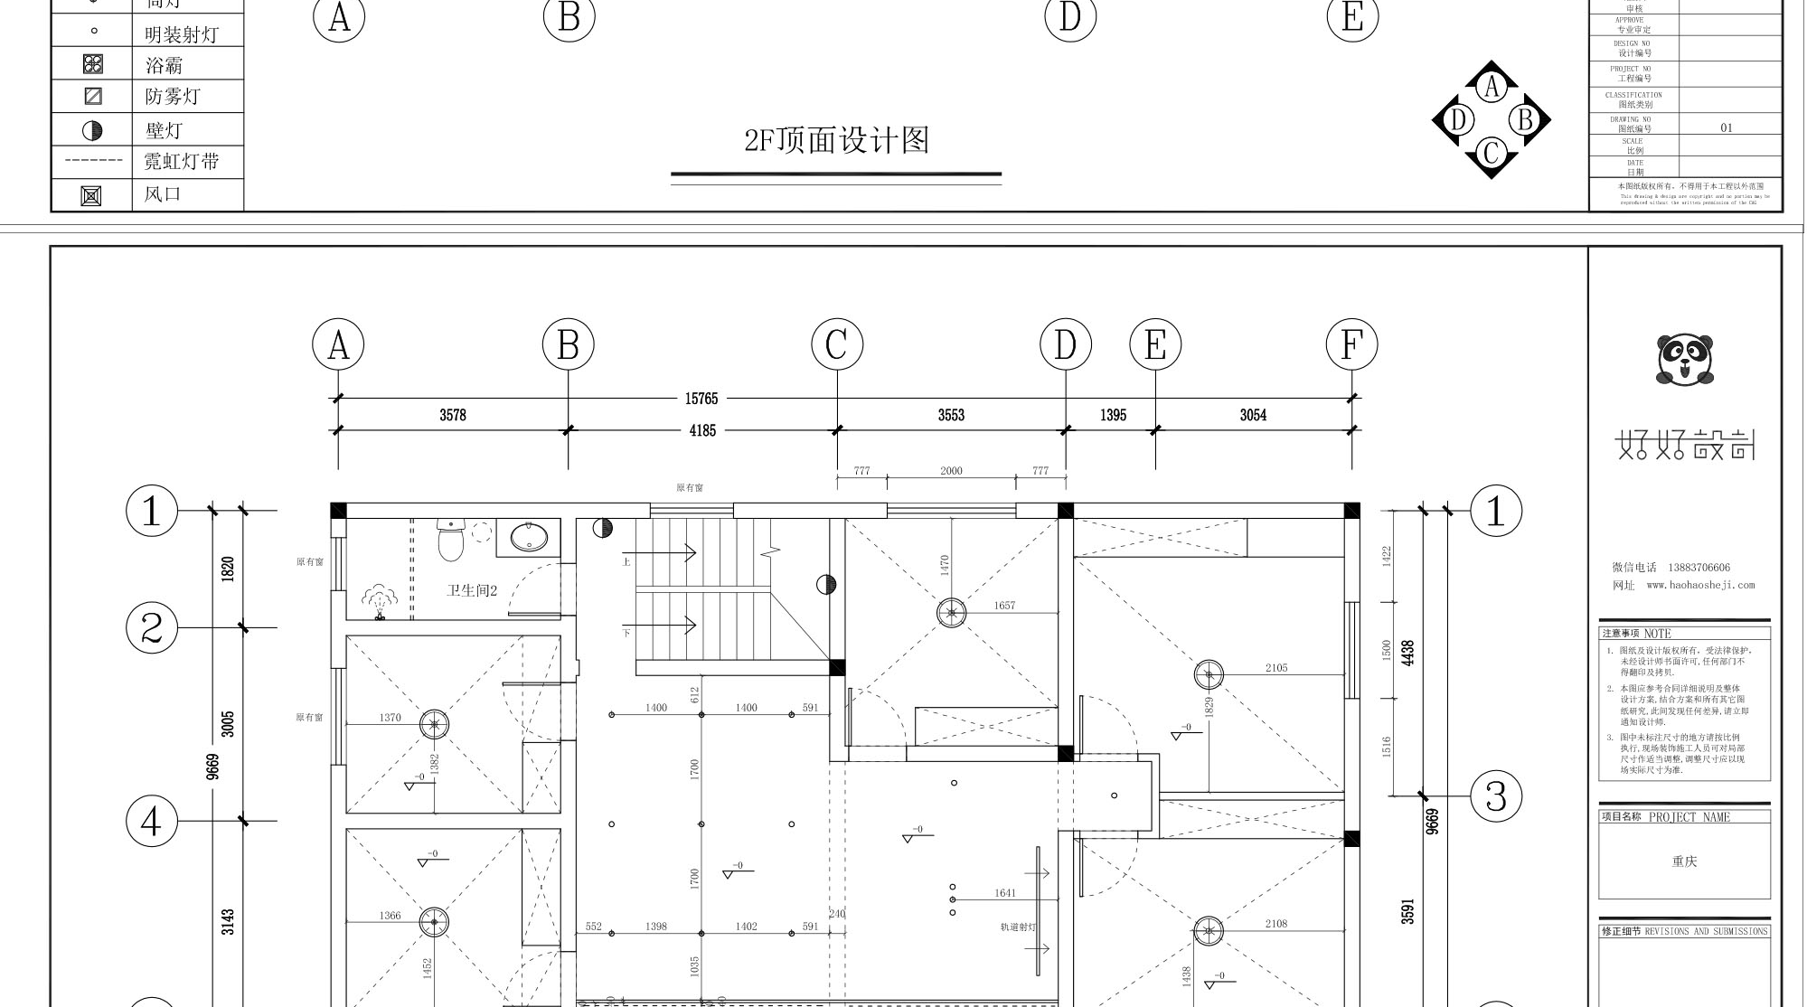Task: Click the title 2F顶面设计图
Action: pyautogui.click(x=836, y=141)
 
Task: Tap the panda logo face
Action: pyautogui.click(x=1684, y=359)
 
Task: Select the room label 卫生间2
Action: pyautogui.click(x=472, y=590)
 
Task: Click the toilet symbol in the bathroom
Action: pyautogui.click(x=450, y=540)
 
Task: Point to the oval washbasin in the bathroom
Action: pyautogui.click(x=529, y=538)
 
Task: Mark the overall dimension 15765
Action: pyautogui.click(x=701, y=399)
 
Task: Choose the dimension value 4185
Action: pyautogui.click(x=702, y=431)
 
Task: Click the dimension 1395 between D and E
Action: pyautogui.click(x=1113, y=415)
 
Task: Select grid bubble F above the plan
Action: pyautogui.click(x=1351, y=344)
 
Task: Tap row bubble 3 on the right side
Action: pyautogui.click(x=1496, y=796)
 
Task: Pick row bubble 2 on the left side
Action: pyautogui.click(x=152, y=627)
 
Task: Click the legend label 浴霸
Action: pyautogui.click(x=165, y=65)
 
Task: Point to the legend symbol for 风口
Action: pyautogui.click(x=91, y=195)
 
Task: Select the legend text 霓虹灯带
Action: pyautogui.click(x=182, y=162)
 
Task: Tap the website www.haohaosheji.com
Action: pyautogui.click(x=1700, y=585)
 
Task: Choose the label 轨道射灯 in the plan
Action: pyautogui.click(x=1018, y=927)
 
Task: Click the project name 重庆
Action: pyautogui.click(x=1684, y=861)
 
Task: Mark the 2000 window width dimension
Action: pyautogui.click(x=951, y=471)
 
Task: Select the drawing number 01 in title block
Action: pyautogui.click(x=1727, y=128)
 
